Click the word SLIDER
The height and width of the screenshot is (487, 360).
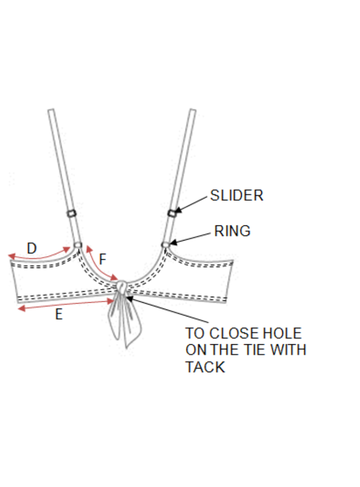[x=237, y=195]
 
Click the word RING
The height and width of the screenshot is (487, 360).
[x=232, y=231]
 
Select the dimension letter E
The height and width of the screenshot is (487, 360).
[x=59, y=315]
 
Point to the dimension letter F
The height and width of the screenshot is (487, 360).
[x=102, y=259]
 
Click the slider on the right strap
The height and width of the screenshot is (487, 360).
[x=172, y=212]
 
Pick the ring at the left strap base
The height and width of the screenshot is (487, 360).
[x=78, y=244]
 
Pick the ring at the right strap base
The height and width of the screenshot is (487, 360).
[x=165, y=244]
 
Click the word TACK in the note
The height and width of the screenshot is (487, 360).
[x=205, y=367]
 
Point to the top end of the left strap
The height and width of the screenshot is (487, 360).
[x=51, y=111]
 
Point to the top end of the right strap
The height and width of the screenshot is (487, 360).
[x=192, y=111]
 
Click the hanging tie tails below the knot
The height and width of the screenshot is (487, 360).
[x=125, y=322]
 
